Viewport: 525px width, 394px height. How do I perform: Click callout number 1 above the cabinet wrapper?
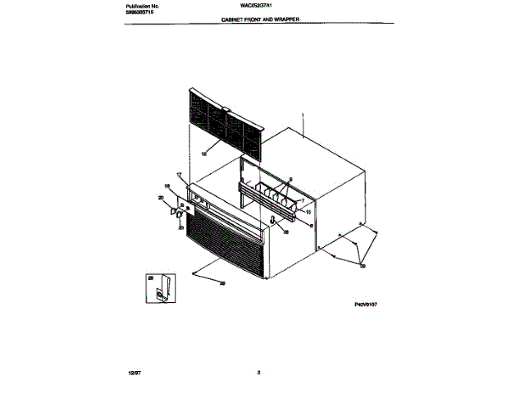click(x=303, y=116)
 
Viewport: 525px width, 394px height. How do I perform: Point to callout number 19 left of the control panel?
click(x=167, y=188)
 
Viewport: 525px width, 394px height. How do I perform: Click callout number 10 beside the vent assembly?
click(x=307, y=213)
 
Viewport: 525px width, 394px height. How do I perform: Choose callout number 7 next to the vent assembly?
click(x=302, y=200)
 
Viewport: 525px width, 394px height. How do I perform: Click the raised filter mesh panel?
click(x=221, y=117)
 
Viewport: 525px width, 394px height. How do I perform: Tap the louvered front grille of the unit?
click(x=224, y=244)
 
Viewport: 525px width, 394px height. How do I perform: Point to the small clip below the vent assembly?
click(x=273, y=221)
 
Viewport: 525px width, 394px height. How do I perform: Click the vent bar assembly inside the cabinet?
click(x=266, y=199)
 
